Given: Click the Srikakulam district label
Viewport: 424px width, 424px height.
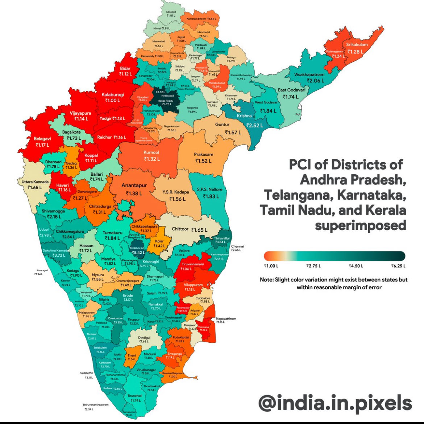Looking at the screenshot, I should pos(357,45).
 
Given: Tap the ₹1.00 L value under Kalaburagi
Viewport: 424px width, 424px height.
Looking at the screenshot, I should pos(112,101).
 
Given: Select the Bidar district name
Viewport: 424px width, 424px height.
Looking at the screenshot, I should pos(125,68).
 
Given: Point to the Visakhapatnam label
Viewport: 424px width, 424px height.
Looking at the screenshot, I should pos(309,74).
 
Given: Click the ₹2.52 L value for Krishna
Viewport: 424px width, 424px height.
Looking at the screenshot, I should pos(255,125).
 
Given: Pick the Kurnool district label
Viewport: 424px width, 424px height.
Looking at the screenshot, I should pos(151,153).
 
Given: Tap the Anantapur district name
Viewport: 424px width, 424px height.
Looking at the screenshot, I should pos(134,185).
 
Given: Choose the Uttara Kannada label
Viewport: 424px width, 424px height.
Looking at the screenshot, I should pos(35,182).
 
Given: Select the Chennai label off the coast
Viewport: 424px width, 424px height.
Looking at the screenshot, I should pos(237,246).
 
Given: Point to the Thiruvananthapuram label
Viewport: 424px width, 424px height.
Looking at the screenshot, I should pos(95,405).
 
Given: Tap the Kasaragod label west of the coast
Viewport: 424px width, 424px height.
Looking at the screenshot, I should pos(42,270).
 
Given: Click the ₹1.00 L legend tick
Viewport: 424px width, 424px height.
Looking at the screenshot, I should pos(271,266).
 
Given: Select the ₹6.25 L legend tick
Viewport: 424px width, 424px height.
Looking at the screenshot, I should pos(398,266).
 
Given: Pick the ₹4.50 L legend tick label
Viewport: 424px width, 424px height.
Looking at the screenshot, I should pos(356,266).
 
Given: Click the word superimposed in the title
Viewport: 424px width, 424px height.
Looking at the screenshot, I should pos(360,225).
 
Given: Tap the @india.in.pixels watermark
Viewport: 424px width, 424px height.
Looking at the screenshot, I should pos(335,403).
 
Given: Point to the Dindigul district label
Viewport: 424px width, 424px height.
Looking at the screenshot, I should pos(144,338).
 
